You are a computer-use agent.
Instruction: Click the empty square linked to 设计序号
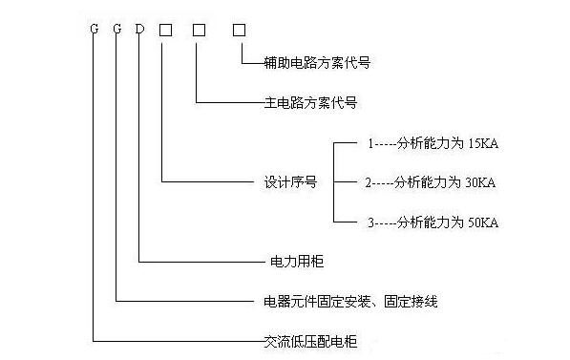click(x=164, y=30)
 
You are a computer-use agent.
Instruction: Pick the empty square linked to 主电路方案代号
click(x=199, y=30)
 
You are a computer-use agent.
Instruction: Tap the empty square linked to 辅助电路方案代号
click(x=240, y=30)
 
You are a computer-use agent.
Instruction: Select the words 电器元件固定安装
click(x=309, y=301)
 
